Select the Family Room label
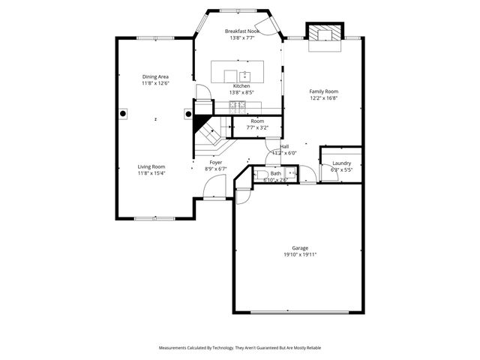pos(324,91)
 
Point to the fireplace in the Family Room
pos(324,33)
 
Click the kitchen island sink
pos(244,74)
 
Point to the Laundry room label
pos(342,163)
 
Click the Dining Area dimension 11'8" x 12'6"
pos(155,83)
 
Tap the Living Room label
pos(151,166)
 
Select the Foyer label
pos(216,162)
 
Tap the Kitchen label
pos(241,86)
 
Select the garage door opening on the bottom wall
pos(298,313)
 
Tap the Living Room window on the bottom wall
pos(155,218)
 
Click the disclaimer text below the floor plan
pos(239,348)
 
